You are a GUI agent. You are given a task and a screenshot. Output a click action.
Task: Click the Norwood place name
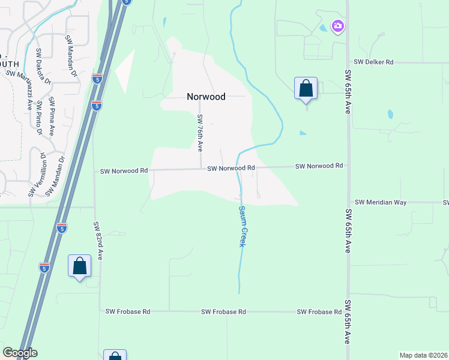[206, 97]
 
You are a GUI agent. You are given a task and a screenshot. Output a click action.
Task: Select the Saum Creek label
[243, 226]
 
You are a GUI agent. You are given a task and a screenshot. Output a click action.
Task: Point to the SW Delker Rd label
[373, 62]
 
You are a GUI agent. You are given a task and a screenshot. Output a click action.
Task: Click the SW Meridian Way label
[381, 202]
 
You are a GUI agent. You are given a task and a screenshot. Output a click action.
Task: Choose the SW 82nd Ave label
[98, 241]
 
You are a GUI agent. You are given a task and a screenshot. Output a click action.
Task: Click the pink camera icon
[338, 26]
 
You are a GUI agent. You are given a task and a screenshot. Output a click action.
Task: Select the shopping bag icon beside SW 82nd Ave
[79, 266]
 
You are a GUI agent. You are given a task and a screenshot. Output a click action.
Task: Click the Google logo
[20, 353]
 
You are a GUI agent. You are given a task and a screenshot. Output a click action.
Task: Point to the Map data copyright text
[423, 355]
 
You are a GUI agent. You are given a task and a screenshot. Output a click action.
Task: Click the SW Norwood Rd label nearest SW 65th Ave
[319, 166]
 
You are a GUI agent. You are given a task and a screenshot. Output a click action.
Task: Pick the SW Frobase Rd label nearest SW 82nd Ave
[127, 311]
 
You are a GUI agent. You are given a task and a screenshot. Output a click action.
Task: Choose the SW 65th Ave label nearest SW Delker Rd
[348, 92]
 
